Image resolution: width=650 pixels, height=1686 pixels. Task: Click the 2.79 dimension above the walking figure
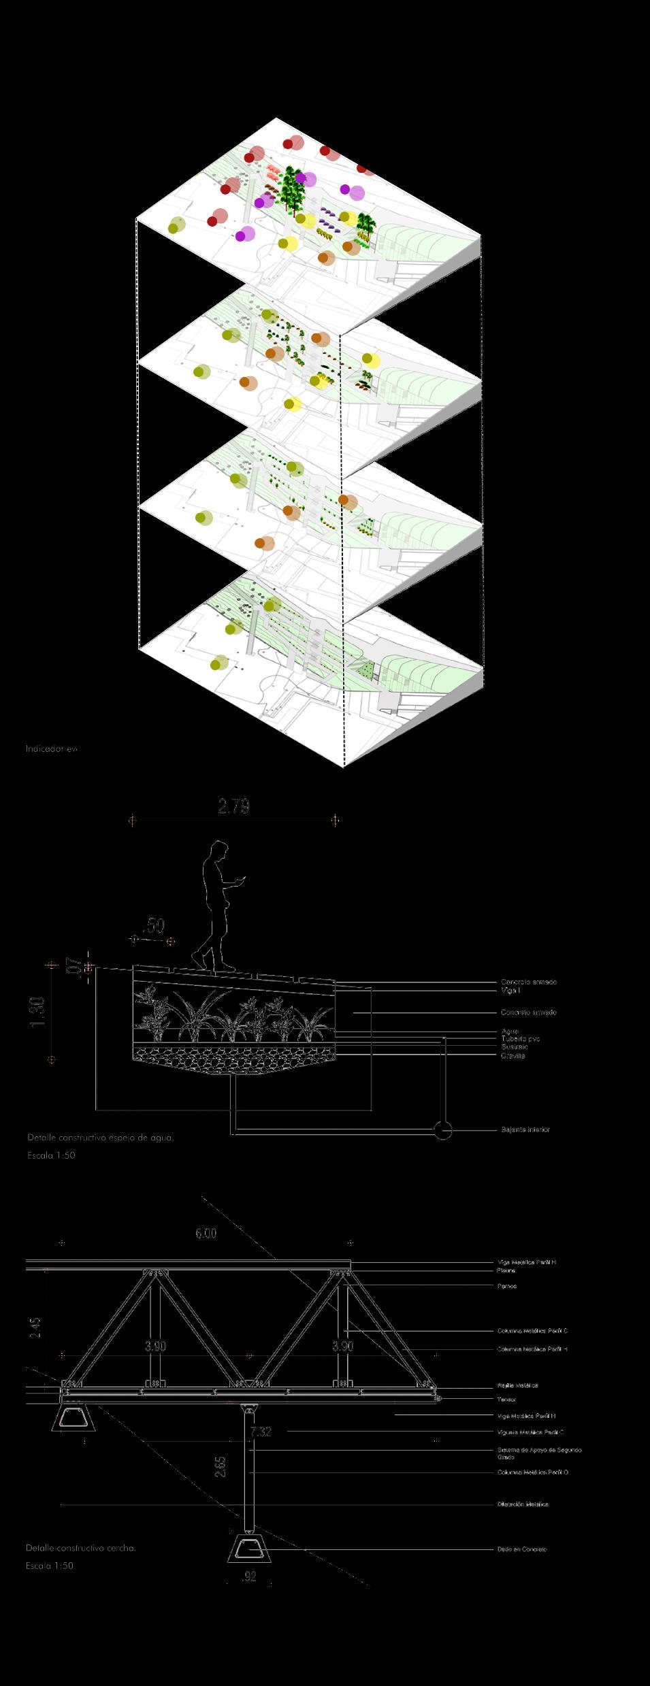tap(233, 807)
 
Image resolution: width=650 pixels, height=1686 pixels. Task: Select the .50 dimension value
tap(155, 926)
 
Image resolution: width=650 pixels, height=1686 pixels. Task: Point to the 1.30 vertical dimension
tap(37, 1012)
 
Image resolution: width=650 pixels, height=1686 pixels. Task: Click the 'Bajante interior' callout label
tap(525, 1129)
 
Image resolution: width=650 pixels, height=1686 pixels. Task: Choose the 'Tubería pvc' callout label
tap(520, 1039)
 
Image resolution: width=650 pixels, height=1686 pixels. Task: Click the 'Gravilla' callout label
tap(513, 1055)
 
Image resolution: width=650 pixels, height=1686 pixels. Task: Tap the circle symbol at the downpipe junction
tap(443, 1130)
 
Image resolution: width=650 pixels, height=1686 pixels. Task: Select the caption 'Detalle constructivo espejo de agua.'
tap(100, 1137)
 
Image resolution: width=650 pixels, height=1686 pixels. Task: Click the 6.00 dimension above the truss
tap(206, 1234)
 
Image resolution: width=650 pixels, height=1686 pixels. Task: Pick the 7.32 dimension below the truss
tap(260, 1432)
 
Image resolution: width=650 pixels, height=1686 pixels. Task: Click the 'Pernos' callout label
tap(506, 1286)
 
